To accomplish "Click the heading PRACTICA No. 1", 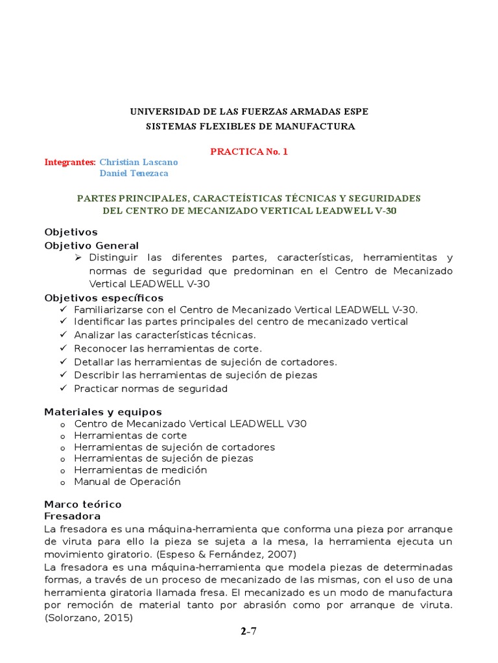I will (248, 152).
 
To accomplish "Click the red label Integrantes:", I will (69, 162).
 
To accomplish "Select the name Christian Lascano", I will (138, 162).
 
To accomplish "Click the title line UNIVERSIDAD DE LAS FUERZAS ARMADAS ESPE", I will (249, 112).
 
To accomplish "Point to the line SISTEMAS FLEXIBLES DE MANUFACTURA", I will (249, 126).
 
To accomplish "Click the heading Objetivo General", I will (91, 245).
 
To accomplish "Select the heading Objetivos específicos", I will (104, 298).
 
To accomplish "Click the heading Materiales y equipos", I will (103, 412).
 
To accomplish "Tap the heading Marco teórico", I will (82, 504).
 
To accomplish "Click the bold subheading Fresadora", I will (72, 516).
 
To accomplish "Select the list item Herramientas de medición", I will (140, 470).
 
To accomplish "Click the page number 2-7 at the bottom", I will (249, 632).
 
